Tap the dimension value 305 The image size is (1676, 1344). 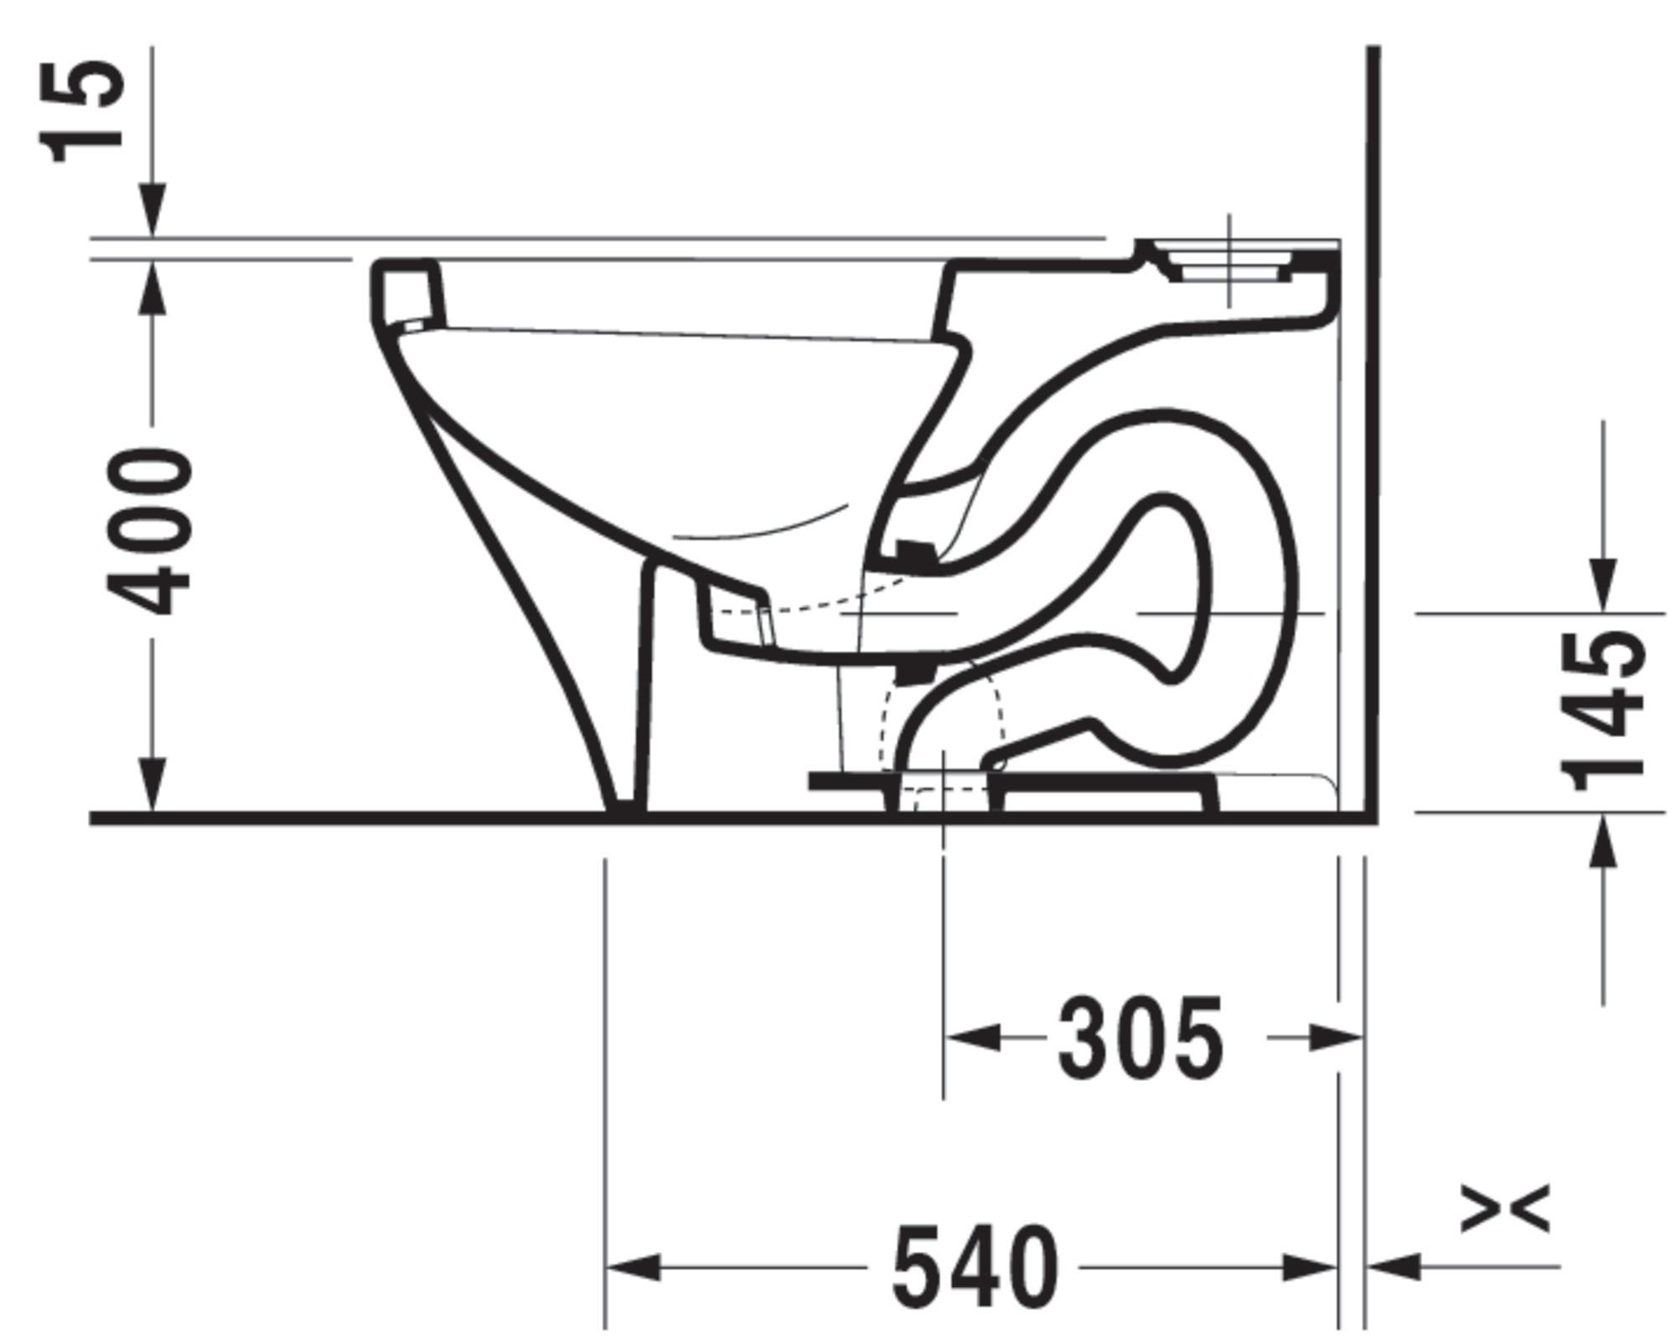point(1140,1038)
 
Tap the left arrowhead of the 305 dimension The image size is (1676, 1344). point(972,1037)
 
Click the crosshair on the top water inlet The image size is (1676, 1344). point(1229,261)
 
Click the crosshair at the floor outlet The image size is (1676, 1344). point(944,788)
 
